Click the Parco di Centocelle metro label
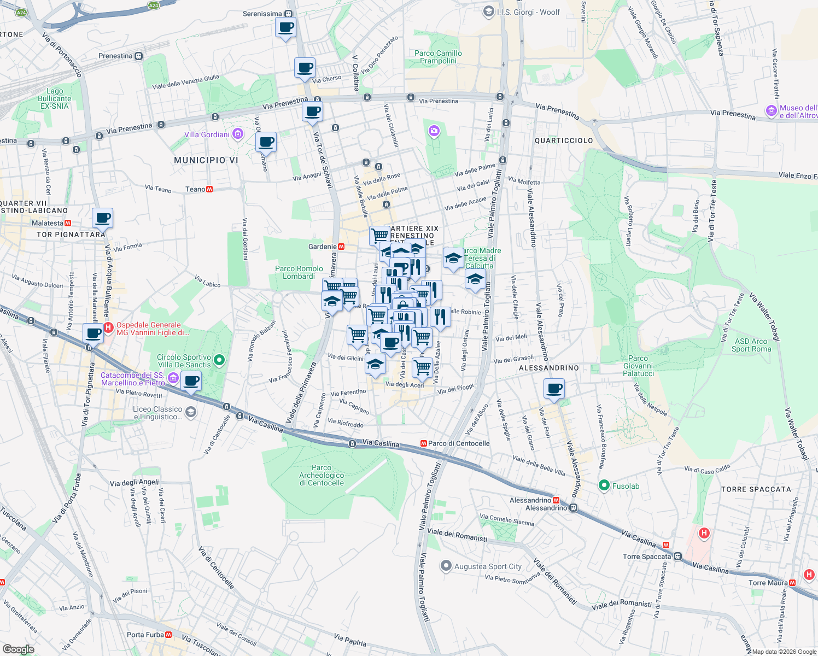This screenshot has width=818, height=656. [x=458, y=443]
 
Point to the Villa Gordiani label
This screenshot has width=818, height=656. [x=207, y=134]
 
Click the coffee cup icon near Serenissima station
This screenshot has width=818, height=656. [x=285, y=27]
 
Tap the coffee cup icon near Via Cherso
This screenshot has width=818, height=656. [x=305, y=68]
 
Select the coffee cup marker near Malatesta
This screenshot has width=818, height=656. [x=102, y=218]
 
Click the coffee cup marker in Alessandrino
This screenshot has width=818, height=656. [x=554, y=389]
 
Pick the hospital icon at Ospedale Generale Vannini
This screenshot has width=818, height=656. [x=108, y=328]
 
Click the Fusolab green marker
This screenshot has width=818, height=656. [x=604, y=485]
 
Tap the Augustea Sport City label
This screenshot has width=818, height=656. [x=488, y=566]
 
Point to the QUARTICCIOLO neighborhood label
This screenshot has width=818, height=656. [x=563, y=140]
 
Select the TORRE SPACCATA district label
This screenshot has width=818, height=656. [x=756, y=489]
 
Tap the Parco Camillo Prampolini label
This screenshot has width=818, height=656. [x=438, y=57]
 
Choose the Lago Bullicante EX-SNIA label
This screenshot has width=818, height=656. [x=55, y=98]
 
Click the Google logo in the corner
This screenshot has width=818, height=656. [x=18, y=649]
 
